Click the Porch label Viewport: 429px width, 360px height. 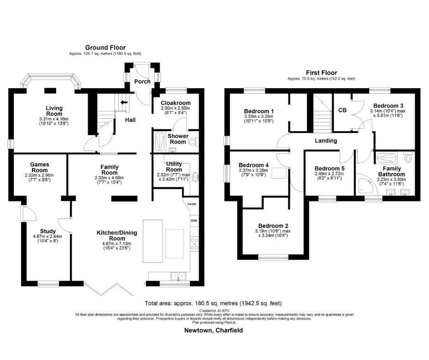[x=142, y=81]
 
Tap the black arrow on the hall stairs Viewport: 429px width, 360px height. [x=124, y=102]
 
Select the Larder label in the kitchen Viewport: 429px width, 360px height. [x=192, y=204]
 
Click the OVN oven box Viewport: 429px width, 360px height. [x=194, y=221]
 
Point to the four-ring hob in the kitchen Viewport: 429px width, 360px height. [x=194, y=244]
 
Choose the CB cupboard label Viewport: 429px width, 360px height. [x=342, y=110]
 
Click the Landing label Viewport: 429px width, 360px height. [x=326, y=141]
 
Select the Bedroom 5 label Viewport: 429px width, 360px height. [x=330, y=169]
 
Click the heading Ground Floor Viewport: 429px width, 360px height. [x=105, y=48]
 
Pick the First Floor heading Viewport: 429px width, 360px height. [x=321, y=73]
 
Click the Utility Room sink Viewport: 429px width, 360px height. [x=196, y=177]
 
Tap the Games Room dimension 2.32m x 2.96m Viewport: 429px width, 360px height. [x=40, y=175]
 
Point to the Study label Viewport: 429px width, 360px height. [x=48, y=231]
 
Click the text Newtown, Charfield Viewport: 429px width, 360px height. [x=214, y=330]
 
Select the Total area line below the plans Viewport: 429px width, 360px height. [x=213, y=303]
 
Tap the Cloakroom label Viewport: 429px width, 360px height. [x=176, y=103]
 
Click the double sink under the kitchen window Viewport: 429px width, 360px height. [x=178, y=276]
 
